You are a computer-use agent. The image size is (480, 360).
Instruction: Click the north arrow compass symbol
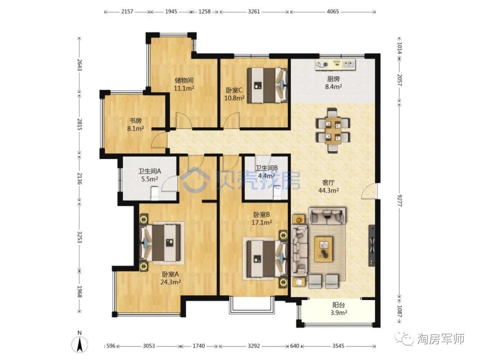(80, 343)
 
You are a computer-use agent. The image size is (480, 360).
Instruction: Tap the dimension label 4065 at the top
(333, 12)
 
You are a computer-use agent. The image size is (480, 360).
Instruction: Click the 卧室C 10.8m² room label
(235, 94)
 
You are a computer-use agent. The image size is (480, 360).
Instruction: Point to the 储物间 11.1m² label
(184, 84)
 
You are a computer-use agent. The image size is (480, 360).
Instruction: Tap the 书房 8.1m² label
(136, 124)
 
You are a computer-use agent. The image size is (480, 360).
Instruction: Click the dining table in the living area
(333, 130)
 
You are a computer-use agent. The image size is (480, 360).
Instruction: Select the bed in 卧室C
(267, 85)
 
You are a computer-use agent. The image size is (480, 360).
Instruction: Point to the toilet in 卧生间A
(155, 193)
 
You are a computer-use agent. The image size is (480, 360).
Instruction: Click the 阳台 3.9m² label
(339, 308)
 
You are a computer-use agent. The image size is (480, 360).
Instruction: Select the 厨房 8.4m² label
(333, 83)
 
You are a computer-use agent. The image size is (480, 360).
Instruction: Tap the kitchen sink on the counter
(349, 64)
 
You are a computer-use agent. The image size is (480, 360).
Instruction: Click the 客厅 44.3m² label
(328, 186)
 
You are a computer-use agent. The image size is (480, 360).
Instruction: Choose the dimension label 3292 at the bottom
(254, 346)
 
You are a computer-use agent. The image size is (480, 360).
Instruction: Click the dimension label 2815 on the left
(80, 124)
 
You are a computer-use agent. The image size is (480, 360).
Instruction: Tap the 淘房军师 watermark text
(441, 339)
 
